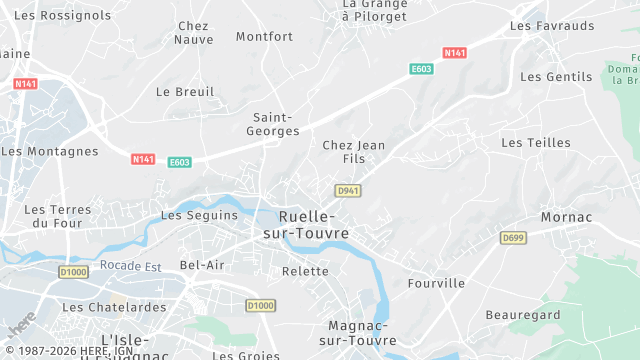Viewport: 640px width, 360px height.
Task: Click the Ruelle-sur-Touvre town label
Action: coord(306,225)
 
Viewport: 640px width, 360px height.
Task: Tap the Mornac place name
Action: coord(566,217)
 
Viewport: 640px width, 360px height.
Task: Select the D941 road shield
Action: coord(346,190)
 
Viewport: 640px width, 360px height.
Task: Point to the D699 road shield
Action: coord(513,238)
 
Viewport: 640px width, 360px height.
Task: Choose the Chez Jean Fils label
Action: coord(353,152)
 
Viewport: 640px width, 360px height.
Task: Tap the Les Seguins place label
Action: coord(200,215)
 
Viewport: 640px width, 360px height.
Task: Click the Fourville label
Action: coord(436,283)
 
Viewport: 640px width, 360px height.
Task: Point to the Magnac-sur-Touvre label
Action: coord(364,333)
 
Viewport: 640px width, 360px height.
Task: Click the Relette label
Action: coord(305,271)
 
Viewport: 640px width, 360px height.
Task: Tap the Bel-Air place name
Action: coord(202,265)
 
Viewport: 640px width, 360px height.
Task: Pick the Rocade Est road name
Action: coord(130,267)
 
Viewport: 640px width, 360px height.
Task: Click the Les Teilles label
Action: coord(536,143)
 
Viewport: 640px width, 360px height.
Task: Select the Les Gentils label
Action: coord(557,77)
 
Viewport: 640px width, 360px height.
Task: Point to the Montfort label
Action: coord(265,37)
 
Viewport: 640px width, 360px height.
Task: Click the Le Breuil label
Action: coord(185,92)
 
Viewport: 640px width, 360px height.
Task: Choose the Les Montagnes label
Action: coord(50,152)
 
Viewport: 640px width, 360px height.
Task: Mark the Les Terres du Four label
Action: coord(57,216)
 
